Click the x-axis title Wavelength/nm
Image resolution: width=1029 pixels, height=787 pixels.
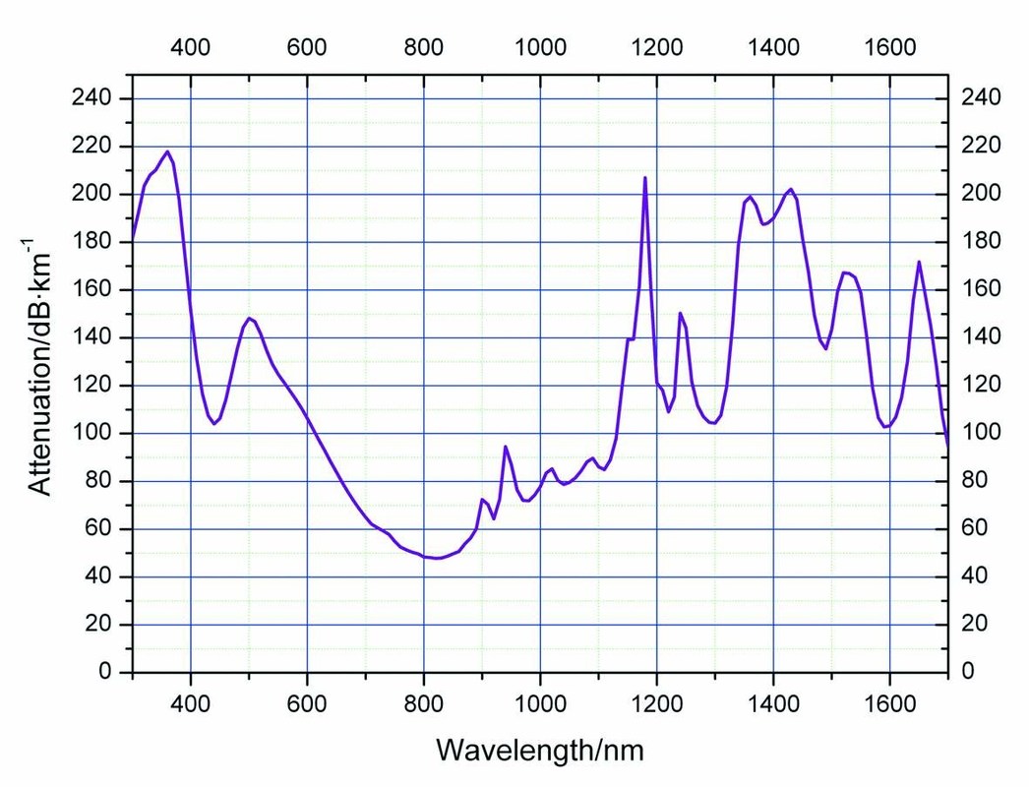click(540, 751)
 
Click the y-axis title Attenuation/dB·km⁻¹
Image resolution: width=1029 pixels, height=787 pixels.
click(39, 365)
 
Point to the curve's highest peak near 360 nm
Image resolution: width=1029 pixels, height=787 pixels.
click(167, 151)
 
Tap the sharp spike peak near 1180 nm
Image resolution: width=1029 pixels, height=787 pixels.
click(644, 178)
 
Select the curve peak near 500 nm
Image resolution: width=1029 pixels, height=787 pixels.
click(249, 318)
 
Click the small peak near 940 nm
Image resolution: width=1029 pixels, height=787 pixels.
click(505, 447)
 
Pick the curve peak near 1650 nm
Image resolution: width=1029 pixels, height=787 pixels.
click(919, 262)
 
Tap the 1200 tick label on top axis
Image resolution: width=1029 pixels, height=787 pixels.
click(656, 47)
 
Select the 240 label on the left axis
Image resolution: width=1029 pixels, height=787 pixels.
click(95, 98)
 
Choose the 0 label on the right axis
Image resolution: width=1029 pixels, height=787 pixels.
click(969, 672)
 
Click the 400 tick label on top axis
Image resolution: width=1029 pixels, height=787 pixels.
click(191, 47)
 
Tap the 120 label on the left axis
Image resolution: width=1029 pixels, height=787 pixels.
click(95, 386)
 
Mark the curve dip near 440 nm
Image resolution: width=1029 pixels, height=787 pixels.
click(213, 423)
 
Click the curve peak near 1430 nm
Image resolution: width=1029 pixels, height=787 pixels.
click(790, 189)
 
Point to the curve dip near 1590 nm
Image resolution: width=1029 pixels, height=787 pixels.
click(885, 427)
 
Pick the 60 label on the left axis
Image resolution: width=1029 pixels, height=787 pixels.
click(101, 529)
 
